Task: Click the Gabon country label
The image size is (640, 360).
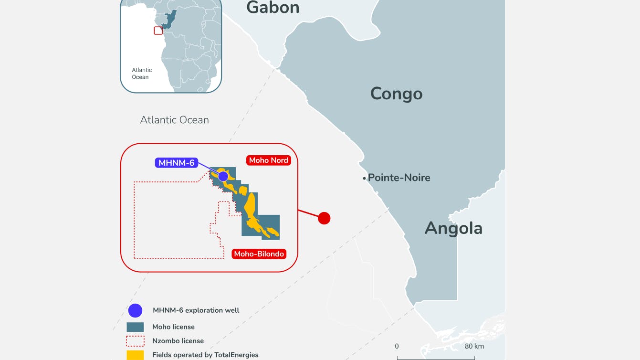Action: coord(273,8)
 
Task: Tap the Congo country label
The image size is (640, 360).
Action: coord(396,94)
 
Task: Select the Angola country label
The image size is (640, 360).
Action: coord(453,228)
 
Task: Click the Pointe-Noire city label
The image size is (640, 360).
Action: coord(399,178)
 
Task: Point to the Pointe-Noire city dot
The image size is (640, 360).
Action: coord(364,178)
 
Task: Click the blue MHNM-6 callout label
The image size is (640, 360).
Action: coord(176,163)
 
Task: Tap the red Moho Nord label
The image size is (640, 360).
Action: coord(268,160)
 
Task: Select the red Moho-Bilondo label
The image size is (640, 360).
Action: coord(259,254)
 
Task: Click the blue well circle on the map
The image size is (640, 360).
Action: coord(223,176)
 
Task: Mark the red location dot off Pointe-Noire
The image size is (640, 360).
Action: coord(324,218)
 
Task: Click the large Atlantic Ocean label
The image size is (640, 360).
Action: coord(174,120)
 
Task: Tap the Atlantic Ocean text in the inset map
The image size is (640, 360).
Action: coord(142,74)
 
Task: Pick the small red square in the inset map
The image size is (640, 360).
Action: coord(158,31)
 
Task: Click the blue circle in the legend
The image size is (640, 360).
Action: coord(136,310)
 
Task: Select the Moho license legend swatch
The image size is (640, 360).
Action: coord(135,327)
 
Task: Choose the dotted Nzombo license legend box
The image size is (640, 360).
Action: coord(135,341)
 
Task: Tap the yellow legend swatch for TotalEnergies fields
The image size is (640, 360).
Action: coord(135,355)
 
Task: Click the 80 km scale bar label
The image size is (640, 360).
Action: coord(474,346)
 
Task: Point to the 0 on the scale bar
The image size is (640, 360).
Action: coord(397,346)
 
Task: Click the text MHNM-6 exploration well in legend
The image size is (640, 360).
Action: coord(196,310)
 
